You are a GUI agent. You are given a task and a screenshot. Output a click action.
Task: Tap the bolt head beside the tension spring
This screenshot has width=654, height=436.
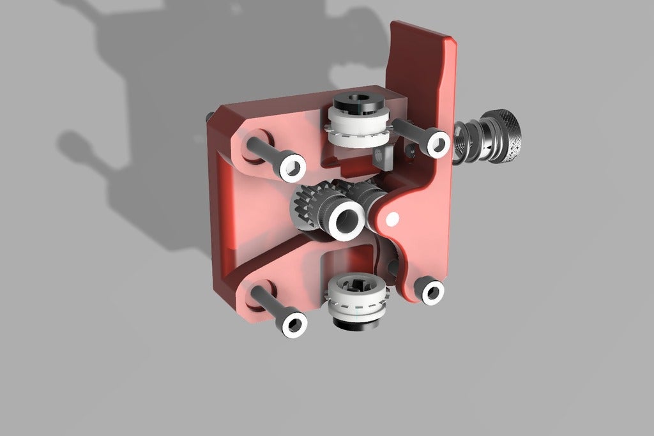click(437, 142)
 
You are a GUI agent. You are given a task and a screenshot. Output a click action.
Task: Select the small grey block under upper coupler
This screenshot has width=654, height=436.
click(381, 156)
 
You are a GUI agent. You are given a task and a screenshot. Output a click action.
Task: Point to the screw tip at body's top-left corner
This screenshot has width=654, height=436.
click(209, 116)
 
